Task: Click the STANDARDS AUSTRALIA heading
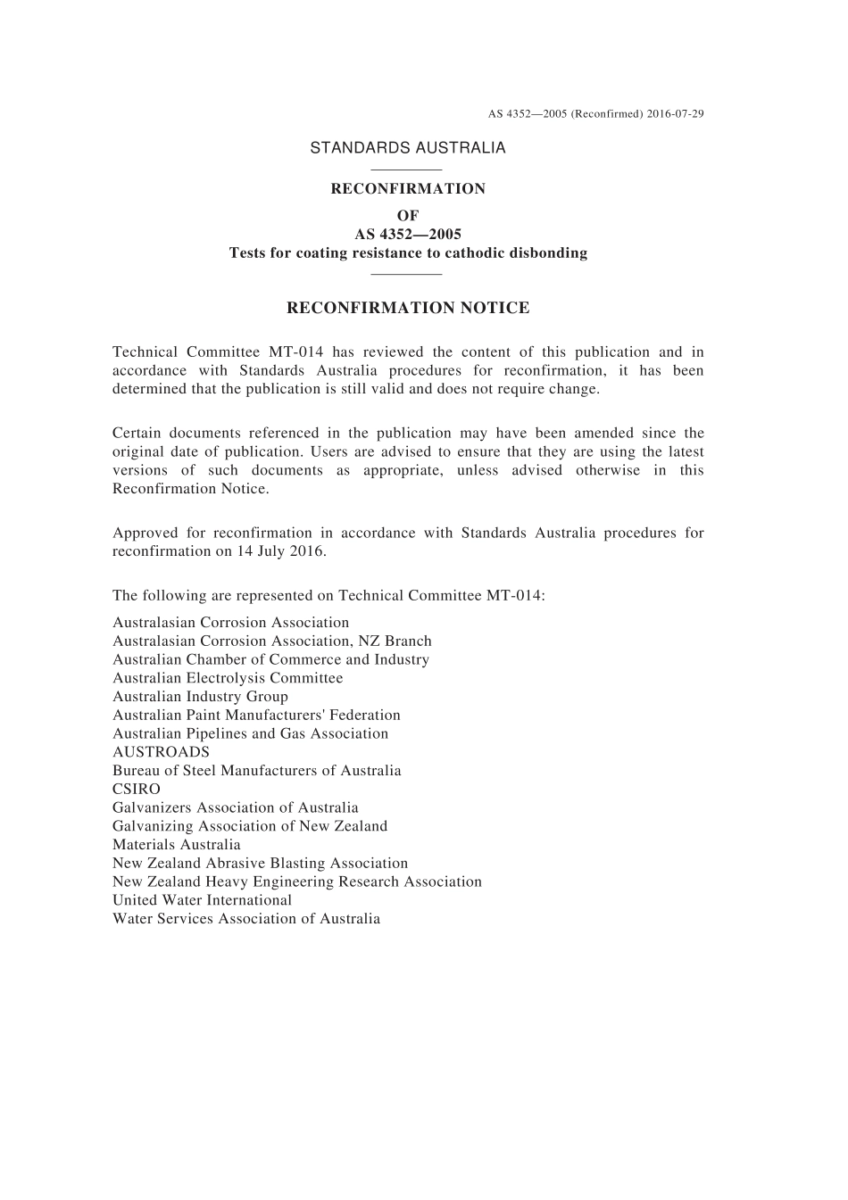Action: pyautogui.click(x=408, y=148)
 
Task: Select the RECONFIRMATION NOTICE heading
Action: pyautogui.click(x=408, y=308)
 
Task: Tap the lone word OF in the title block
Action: pyautogui.click(x=408, y=215)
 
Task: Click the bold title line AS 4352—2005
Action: pyautogui.click(x=408, y=234)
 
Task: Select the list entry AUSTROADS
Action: pyautogui.click(x=161, y=752)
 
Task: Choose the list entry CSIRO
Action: pyautogui.click(x=137, y=789)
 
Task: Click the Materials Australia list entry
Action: pyautogui.click(x=177, y=844)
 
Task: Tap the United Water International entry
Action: pyautogui.click(x=202, y=900)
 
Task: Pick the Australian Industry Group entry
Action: pyautogui.click(x=200, y=697)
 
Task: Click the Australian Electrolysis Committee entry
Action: pyautogui.click(x=228, y=678)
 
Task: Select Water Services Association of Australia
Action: pyautogui.click(x=246, y=919)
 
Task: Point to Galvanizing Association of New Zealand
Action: pyautogui.click(x=250, y=826)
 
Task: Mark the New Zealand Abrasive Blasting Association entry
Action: pyautogui.click(x=260, y=863)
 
